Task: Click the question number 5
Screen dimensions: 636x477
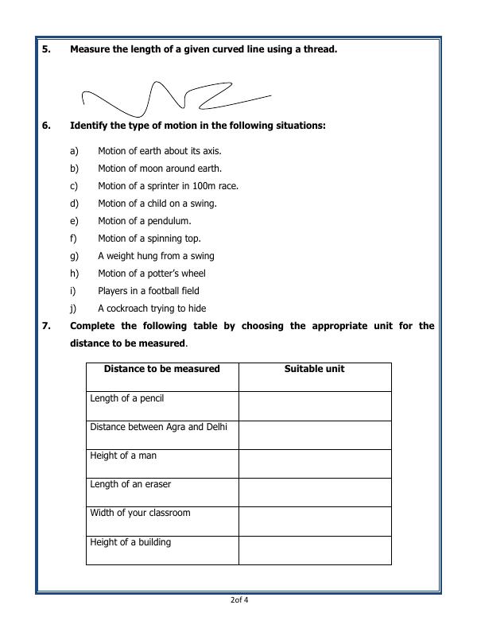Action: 45,49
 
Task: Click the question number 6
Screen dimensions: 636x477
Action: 45,126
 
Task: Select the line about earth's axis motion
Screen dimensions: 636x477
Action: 159,151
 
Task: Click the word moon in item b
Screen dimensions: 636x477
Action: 148,169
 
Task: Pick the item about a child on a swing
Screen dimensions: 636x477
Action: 157,204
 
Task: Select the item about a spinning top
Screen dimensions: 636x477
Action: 149,238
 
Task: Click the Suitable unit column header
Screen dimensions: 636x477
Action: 314,369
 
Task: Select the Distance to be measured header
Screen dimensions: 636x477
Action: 161,369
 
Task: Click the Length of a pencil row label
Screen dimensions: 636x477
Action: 127,398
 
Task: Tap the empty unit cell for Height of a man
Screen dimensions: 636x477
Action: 314,463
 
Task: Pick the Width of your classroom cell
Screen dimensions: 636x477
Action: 140,513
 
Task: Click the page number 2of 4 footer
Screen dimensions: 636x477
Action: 238,600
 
